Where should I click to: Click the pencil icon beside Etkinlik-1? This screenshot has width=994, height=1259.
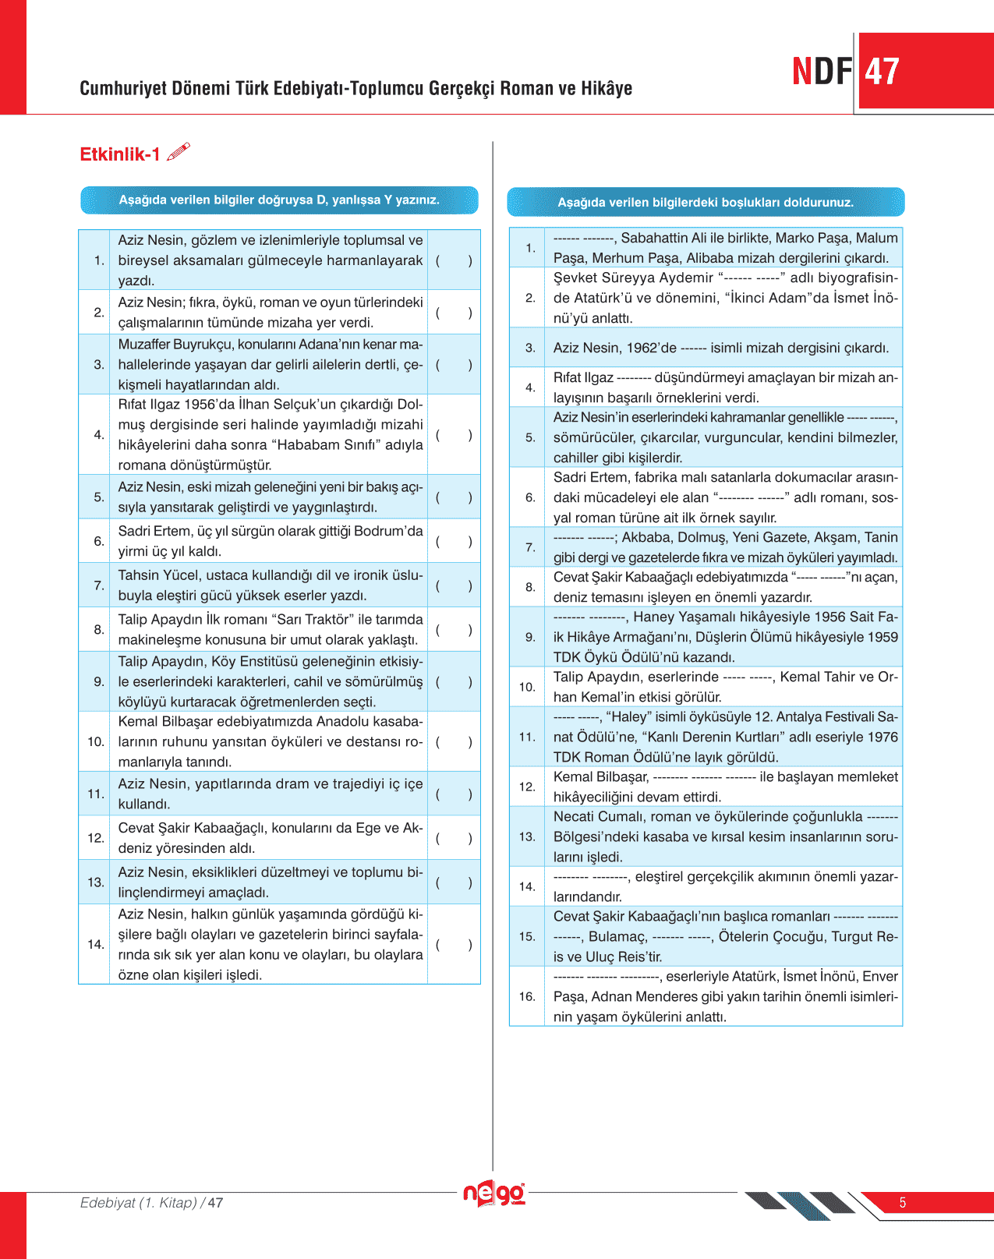click(x=179, y=152)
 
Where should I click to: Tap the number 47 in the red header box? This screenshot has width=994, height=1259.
click(x=882, y=72)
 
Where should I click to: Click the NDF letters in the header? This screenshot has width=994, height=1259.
click(x=822, y=72)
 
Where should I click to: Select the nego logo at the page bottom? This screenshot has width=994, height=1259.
click(x=494, y=1194)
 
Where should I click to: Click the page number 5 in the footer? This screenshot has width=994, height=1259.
click(x=903, y=1203)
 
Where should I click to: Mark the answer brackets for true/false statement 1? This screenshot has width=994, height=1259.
click(x=454, y=260)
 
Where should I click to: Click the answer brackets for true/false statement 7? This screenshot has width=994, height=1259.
click(x=454, y=585)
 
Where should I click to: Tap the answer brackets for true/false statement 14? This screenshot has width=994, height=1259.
click(x=454, y=944)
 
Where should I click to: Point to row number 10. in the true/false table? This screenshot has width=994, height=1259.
click(x=96, y=741)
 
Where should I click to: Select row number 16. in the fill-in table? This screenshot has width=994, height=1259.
click(x=528, y=996)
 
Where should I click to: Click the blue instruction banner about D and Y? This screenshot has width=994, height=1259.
click(x=279, y=200)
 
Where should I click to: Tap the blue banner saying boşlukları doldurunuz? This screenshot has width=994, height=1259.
click(x=706, y=203)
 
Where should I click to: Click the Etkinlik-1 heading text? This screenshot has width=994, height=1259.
click(x=120, y=154)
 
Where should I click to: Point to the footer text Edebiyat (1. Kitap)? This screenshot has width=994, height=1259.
click(x=139, y=1203)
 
